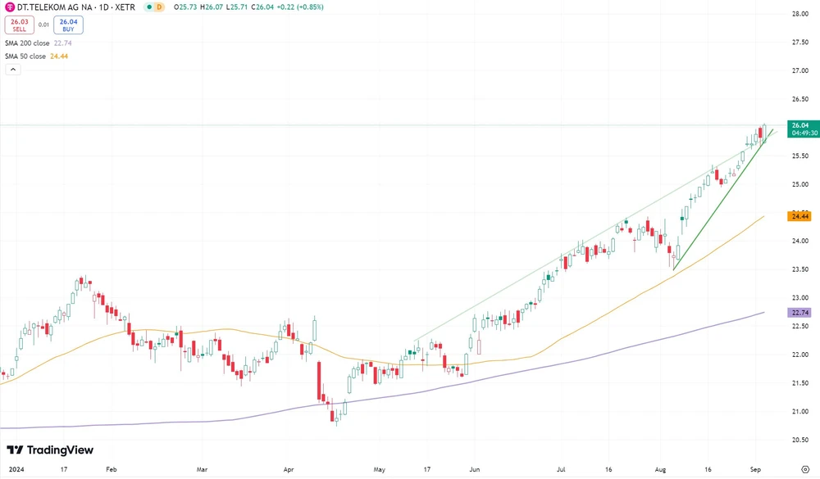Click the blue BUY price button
point(69,25)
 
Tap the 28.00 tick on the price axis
point(800,14)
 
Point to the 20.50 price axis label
point(800,440)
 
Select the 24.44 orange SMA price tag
point(799,216)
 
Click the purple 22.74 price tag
point(799,313)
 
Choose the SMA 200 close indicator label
point(38,42)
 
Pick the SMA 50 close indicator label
point(35,56)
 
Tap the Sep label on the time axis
point(756,470)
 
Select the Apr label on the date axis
point(288,470)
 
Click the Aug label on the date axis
point(660,470)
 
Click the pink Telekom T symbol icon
point(9,7)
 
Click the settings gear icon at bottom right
point(804,470)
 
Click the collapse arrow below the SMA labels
point(12,70)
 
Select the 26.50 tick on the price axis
point(800,99)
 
